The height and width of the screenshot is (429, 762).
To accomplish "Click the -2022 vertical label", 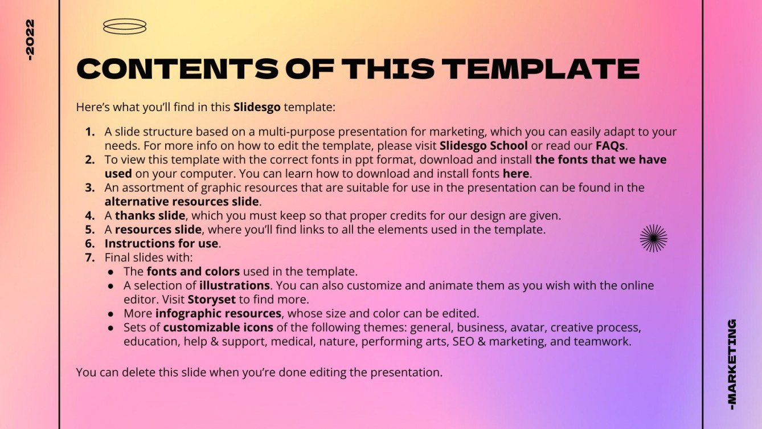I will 30,40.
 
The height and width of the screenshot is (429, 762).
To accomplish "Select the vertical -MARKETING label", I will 732,364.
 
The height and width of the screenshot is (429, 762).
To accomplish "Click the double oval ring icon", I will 124,26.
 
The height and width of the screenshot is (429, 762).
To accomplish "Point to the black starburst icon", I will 653,238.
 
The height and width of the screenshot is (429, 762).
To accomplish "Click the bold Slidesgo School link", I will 484,145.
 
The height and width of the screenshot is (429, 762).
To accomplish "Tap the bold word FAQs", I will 611,145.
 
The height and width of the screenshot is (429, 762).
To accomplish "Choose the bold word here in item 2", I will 515,173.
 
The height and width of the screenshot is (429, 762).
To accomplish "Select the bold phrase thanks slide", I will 150,215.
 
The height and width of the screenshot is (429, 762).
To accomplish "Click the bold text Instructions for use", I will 162,243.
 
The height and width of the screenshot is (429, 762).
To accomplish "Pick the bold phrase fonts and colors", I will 193,271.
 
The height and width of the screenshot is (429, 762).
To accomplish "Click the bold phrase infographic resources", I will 219,313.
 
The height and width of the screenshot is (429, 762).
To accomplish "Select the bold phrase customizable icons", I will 218,328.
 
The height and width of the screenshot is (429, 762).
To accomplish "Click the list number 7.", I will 89,257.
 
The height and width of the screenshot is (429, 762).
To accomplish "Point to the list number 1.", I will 89,132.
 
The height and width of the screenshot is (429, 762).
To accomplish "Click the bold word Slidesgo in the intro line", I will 257,107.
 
